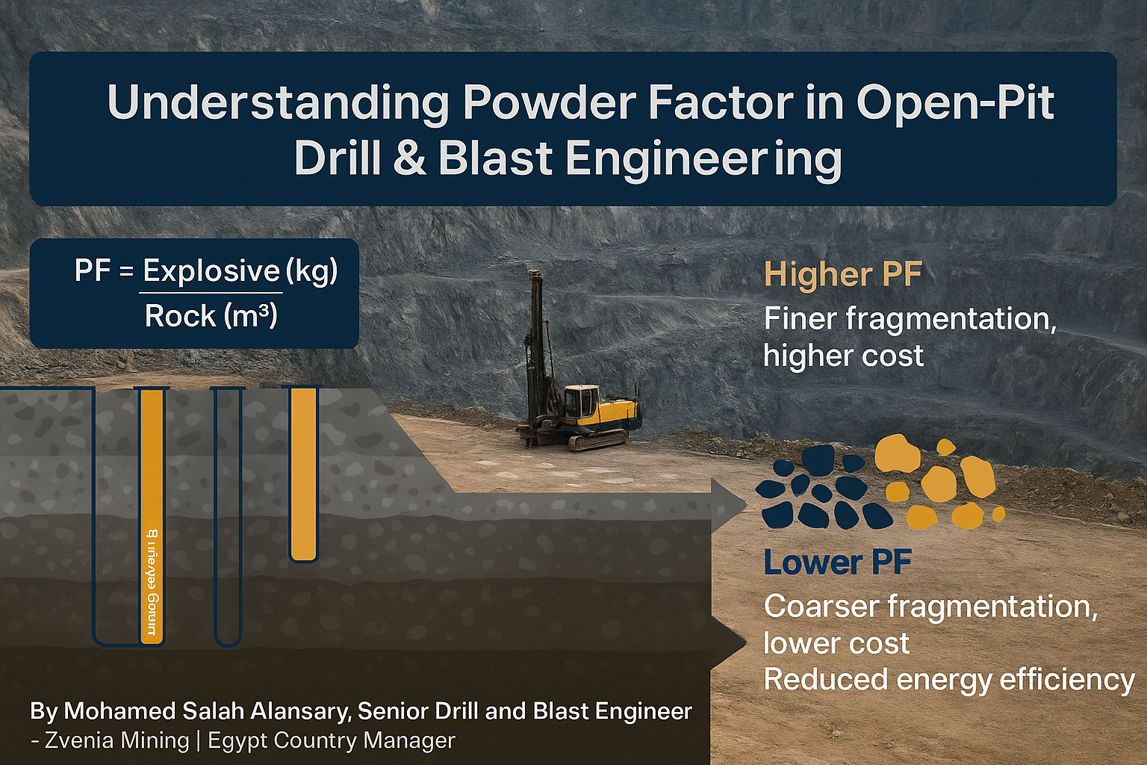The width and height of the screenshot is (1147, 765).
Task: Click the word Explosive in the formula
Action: tap(211, 270)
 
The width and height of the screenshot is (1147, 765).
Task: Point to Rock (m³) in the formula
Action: tap(211, 316)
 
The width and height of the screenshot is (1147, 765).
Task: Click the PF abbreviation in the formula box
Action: tap(93, 270)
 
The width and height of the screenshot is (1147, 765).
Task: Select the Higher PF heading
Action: tap(843, 275)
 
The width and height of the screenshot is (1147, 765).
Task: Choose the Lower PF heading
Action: tap(837, 563)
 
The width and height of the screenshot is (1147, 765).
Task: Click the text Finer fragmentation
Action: tap(910, 319)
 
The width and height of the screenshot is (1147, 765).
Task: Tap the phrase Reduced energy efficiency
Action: tap(948, 680)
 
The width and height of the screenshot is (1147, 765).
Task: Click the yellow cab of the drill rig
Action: tap(582, 401)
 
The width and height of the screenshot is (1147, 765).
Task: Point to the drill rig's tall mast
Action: tap(535, 336)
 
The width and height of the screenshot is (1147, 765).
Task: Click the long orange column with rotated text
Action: tap(152, 515)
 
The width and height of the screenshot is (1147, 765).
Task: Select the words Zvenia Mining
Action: tap(117, 740)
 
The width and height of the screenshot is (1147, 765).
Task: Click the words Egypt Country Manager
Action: tap(332, 740)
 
